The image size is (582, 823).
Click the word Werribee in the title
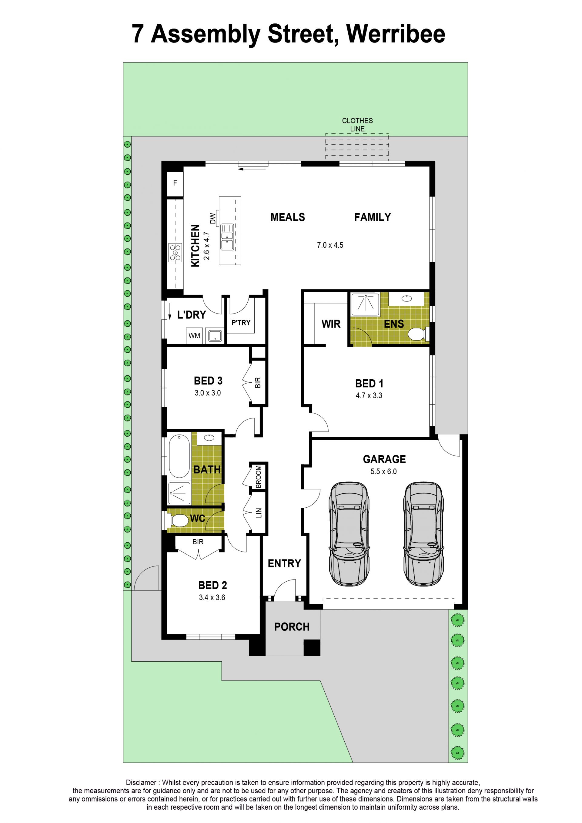point(396,34)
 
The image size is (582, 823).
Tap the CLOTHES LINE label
point(357,125)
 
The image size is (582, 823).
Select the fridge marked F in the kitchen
point(175,183)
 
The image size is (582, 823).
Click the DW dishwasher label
point(213,219)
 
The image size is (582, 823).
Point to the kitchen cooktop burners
point(176,252)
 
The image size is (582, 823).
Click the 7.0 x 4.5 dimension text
point(330,245)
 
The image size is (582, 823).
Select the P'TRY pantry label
point(241,323)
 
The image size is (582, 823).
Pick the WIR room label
point(331,324)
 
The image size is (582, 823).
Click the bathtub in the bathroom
point(179,456)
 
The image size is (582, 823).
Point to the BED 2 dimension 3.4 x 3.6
point(212,597)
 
